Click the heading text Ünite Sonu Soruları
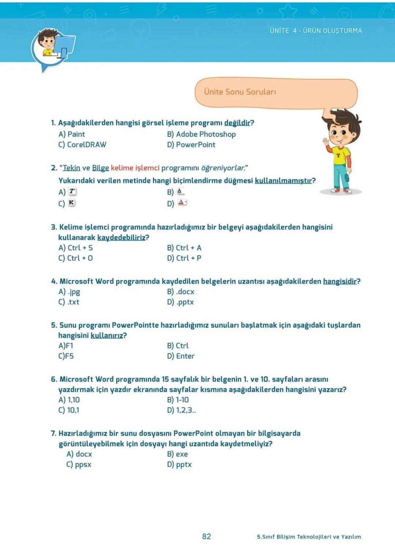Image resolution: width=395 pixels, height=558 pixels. [x=240, y=92]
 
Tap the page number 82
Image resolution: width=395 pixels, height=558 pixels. [x=207, y=536]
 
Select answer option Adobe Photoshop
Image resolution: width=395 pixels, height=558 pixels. [x=206, y=134]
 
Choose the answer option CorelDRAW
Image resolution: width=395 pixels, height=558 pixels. [x=87, y=145]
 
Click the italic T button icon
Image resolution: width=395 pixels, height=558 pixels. [x=72, y=191]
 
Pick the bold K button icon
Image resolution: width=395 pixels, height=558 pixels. [x=72, y=202]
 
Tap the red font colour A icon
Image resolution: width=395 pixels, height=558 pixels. [x=182, y=202]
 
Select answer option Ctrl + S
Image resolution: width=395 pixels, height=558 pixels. [x=80, y=248]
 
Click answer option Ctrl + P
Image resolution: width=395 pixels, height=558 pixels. [x=188, y=258]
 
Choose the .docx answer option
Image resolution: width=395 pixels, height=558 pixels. [x=185, y=291]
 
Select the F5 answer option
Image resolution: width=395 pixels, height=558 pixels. [x=69, y=356]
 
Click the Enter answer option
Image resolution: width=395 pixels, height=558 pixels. [x=185, y=356]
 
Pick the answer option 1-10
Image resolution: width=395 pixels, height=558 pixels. [x=182, y=400]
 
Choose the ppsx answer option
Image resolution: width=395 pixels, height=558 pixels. [x=83, y=464]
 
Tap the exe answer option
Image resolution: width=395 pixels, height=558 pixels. [x=182, y=454]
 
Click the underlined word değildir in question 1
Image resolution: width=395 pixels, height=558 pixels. [x=237, y=123]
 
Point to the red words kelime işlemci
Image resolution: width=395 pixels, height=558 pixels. [x=135, y=168]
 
